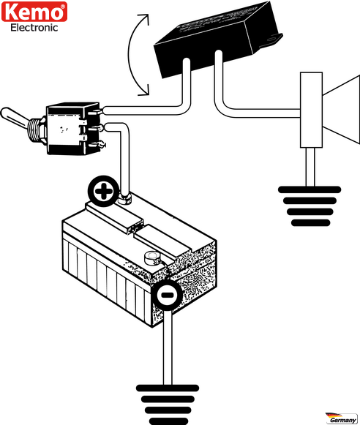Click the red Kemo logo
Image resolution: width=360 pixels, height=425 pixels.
point(34,12)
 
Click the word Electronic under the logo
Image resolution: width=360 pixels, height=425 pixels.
point(34,28)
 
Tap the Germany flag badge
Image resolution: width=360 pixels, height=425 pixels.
point(342,418)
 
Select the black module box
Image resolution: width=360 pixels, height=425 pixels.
point(216,40)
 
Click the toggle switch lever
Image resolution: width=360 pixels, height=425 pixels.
point(14,116)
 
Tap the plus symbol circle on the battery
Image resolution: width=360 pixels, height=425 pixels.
point(103,191)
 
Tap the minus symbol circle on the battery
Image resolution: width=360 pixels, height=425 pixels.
point(166,295)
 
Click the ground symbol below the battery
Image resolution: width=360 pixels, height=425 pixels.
point(168,405)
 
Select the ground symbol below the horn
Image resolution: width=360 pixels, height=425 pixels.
point(310,206)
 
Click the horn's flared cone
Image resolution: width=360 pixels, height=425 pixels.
point(342,110)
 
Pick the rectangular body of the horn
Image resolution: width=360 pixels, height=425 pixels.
point(311,110)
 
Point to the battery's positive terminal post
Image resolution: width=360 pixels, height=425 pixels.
point(125,199)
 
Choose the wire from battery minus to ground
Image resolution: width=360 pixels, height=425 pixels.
point(168,347)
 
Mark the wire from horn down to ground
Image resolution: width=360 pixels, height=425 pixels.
point(310,167)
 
